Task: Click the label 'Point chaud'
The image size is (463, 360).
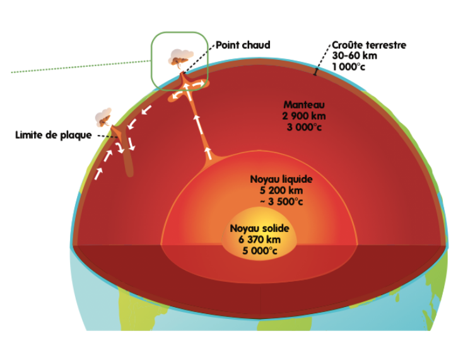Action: click(243, 45)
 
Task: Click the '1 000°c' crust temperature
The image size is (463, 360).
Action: click(349, 67)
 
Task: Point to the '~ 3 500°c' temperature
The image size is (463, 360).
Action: click(281, 202)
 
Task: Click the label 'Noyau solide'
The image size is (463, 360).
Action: click(260, 228)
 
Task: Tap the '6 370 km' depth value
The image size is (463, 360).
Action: click(260, 240)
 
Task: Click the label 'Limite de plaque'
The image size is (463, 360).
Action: click(54, 135)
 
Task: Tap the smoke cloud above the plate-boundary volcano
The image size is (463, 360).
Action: click(103, 117)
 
